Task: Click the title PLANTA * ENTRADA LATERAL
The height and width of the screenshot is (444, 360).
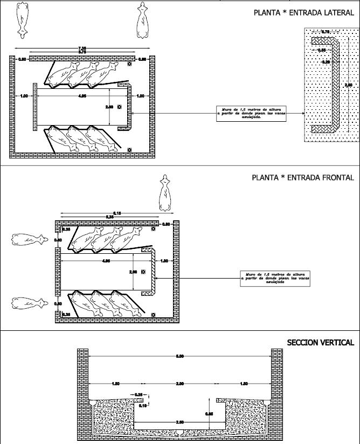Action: coord(303,12)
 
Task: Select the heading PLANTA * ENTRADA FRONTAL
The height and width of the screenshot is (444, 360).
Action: coord(303,177)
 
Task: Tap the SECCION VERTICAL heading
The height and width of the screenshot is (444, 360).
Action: coord(320,343)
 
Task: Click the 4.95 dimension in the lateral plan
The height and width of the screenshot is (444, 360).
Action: coord(82,96)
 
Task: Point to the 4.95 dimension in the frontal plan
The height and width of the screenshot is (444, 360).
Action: coord(106,261)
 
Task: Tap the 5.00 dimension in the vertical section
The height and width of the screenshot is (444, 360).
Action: coord(180,356)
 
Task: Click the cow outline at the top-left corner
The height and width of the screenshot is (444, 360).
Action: coord(22,19)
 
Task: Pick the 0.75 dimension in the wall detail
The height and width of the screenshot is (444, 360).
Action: coord(326,32)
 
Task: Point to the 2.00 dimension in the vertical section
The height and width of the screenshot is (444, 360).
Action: coord(180,384)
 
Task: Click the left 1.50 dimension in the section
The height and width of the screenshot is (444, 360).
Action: coord(116,384)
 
